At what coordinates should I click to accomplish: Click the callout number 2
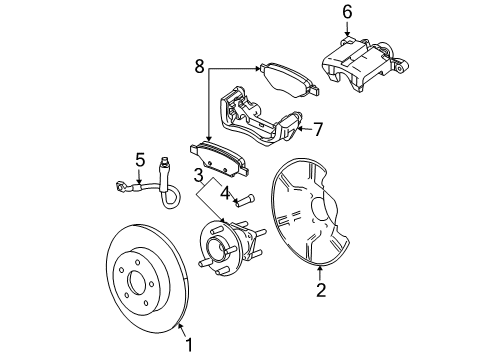[320, 291]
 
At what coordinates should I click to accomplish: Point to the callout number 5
[140, 158]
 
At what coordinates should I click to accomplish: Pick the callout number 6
[347, 12]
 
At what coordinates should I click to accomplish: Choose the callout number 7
[318, 129]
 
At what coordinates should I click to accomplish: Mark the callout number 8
[199, 69]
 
